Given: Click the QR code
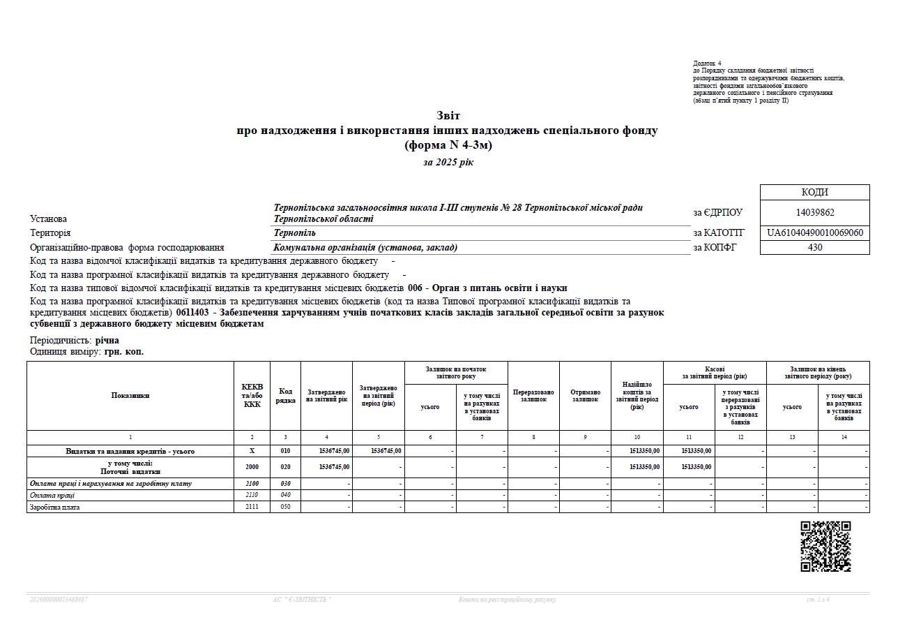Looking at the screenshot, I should [x=825, y=547].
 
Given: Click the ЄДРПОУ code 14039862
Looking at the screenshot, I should [x=814, y=213].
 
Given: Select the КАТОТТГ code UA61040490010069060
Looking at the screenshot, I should [x=814, y=233].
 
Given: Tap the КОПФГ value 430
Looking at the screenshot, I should [x=814, y=247].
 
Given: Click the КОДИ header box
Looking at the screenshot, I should [x=814, y=193].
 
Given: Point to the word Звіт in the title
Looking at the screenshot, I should [x=448, y=115].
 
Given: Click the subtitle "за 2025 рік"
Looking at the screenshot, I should [x=448, y=162].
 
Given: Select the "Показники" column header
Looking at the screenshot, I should [x=130, y=396].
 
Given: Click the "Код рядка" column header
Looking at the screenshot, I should [x=285, y=396].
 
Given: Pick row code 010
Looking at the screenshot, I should [x=285, y=451].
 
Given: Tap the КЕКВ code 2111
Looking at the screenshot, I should [x=252, y=508].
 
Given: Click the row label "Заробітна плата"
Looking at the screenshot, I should [x=54, y=508].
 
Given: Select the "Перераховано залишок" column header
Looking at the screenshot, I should [x=533, y=396].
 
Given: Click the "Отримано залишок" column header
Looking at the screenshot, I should [x=585, y=396].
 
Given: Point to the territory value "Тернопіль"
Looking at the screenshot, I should [x=295, y=233].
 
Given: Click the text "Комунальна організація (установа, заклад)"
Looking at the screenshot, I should [x=365, y=247].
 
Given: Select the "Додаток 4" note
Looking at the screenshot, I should [x=707, y=64].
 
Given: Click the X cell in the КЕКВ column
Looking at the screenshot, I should [x=252, y=451].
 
